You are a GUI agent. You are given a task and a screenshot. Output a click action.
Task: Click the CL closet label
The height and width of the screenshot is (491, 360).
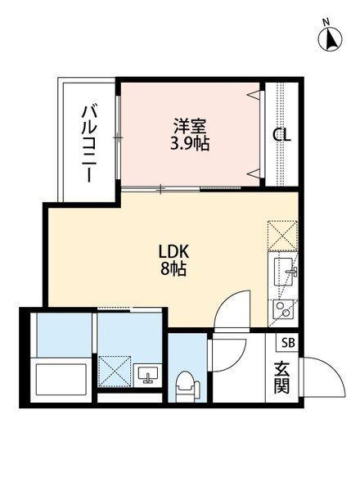coord(281,136)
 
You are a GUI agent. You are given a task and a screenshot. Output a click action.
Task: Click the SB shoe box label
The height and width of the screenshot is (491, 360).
coord(288,343)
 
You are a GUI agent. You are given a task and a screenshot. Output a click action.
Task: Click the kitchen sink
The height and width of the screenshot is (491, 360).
coord(284,269)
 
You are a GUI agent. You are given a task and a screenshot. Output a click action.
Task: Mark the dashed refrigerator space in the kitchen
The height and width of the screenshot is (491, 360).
coord(283,235)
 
